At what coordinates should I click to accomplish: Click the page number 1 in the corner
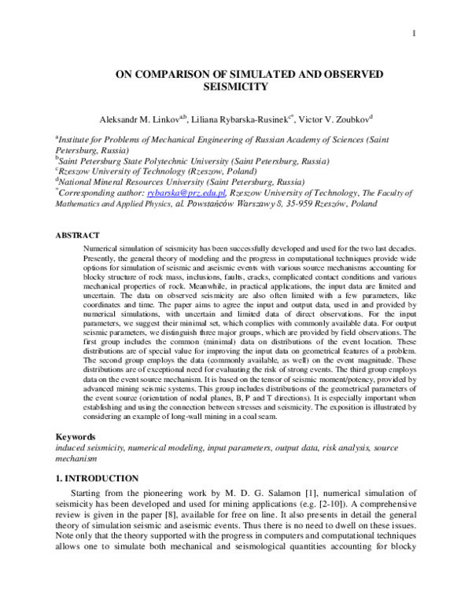coord(412,32)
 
